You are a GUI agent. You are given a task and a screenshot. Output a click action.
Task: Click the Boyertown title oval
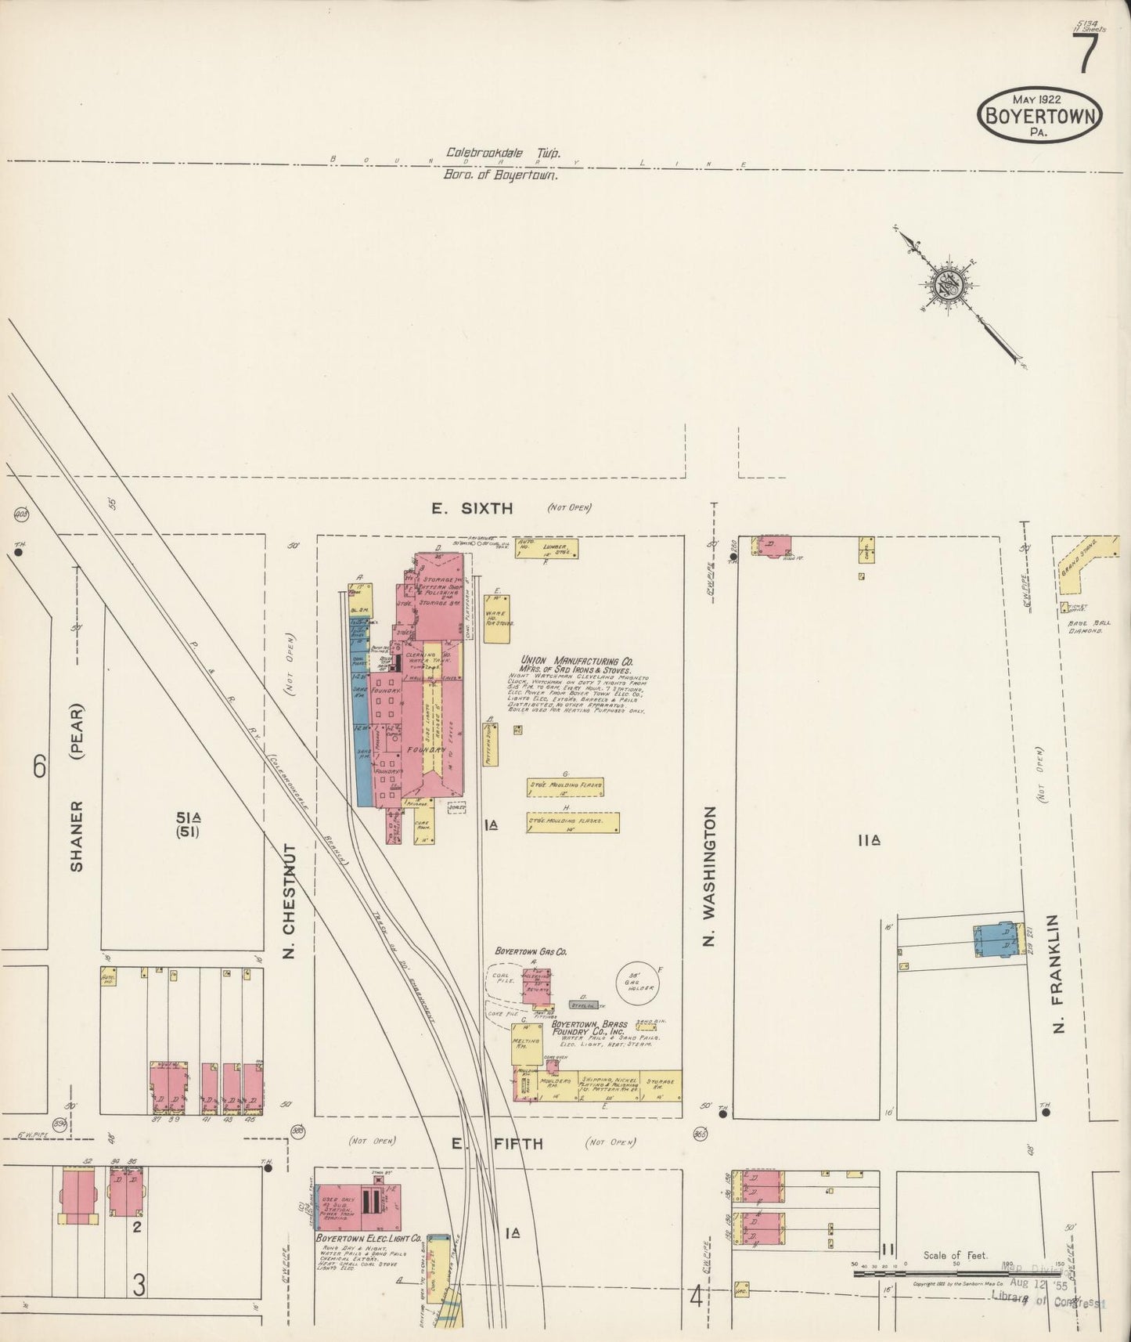click(x=1039, y=115)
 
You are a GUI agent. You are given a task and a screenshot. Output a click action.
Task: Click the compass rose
click(x=948, y=283)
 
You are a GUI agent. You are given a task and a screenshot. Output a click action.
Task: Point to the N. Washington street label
click(x=710, y=876)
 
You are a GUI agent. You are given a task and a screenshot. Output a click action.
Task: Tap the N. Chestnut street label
click(x=288, y=900)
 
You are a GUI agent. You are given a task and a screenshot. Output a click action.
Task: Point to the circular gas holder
click(x=637, y=984)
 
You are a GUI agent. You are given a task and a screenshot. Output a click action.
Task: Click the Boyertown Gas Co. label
click(x=531, y=951)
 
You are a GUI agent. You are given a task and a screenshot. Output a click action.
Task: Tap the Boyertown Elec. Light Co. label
click(x=368, y=1239)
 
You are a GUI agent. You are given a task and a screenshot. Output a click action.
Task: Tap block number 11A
click(x=869, y=840)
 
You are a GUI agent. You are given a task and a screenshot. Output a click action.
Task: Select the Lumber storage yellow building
click(x=557, y=548)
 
